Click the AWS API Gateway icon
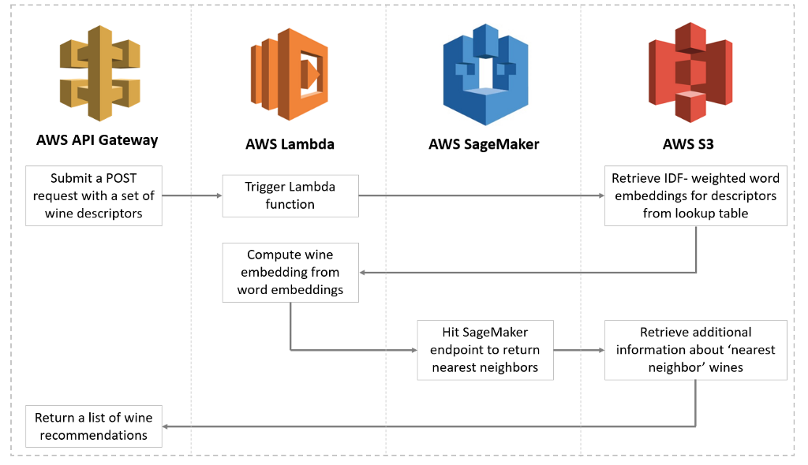point(100,73)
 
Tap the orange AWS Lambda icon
point(290,74)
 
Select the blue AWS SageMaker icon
point(485,74)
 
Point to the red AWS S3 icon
point(690,72)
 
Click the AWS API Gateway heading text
point(97,140)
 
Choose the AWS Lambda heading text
point(290,144)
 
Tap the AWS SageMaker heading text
point(484,144)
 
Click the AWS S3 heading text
point(688,144)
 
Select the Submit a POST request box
point(94,195)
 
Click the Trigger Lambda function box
point(290,195)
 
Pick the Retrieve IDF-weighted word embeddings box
point(696,195)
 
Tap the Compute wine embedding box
point(290,273)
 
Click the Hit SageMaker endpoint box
point(485,350)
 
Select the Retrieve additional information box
point(696,350)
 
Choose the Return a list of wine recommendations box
point(94,426)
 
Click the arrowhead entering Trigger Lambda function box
point(219,195)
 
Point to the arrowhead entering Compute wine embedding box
point(362,273)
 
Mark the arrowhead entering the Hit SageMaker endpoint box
point(414,350)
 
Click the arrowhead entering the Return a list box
point(166,426)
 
